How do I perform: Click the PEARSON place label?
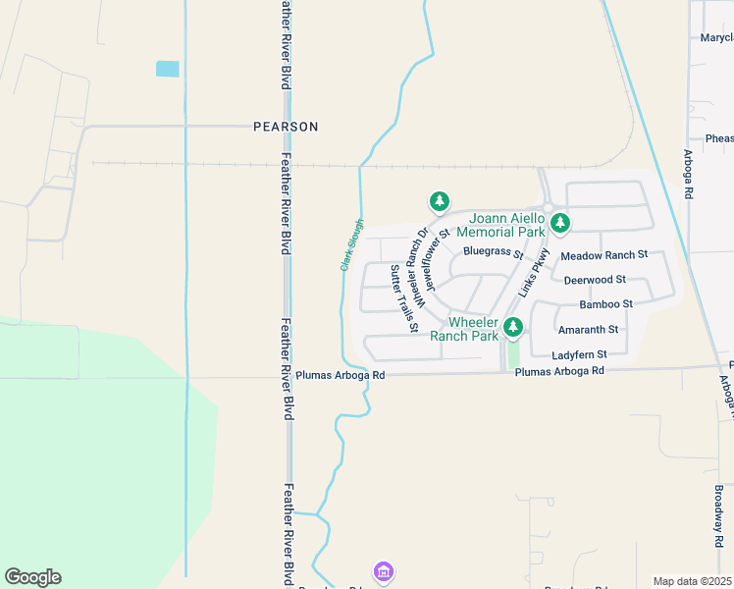(286, 127)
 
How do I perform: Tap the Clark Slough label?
(352, 244)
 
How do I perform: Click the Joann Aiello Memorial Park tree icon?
(560, 223)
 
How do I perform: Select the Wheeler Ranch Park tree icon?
(511, 326)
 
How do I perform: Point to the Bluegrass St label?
(494, 251)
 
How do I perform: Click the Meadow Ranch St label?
(603, 255)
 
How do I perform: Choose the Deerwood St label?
(595, 280)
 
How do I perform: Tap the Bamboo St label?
(605, 304)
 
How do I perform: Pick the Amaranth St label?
(586, 330)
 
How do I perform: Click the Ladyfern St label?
(580, 353)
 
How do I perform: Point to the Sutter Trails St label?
(404, 297)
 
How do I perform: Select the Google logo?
(32, 577)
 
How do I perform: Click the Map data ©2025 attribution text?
(692, 581)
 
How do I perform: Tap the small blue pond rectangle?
(168, 69)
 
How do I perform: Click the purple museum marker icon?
(383, 571)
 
